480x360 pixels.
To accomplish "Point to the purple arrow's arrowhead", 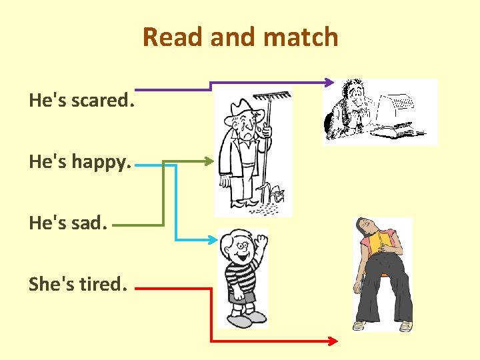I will tap(329, 82).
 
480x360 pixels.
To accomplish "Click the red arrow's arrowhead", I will tap(333, 341).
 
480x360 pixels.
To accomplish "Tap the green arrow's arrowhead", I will tap(212, 161).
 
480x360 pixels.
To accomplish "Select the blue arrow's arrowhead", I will tap(213, 239).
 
